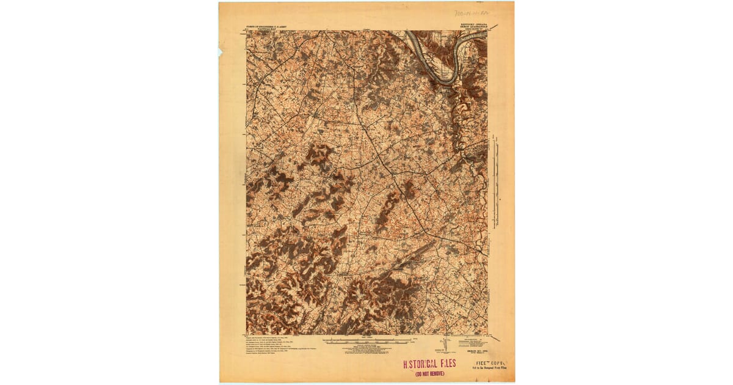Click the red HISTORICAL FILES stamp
pyautogui.click(x=429, y=364)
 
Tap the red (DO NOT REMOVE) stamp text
pyautogui.click(x=429, y=373)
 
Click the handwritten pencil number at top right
pyautogui.click(x=475, y=12)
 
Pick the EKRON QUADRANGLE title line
pyautogui.click(x=470, y=28)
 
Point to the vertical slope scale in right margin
pyautogui.click(x=495, y=183)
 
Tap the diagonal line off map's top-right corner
pyautogui.click(x=493, y=27)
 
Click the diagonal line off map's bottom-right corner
pyautogui.click(x=494, y=337)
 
